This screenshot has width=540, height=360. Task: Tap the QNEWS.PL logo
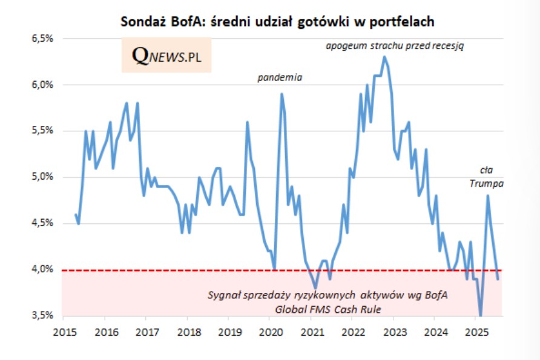click(166, 55)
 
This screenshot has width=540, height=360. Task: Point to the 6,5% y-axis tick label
click(43, 38)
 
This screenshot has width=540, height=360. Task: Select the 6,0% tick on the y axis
click(43, 85)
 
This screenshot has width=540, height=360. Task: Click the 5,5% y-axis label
click(43, 131)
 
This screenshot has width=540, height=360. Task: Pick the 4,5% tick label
click(43, 223)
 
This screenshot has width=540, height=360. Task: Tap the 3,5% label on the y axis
click(43, 315)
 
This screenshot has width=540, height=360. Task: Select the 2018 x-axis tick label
click(186, 332)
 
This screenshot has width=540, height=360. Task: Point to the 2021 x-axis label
click(311, 332)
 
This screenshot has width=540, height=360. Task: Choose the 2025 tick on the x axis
click(476, 332)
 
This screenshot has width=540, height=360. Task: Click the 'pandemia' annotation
click(279, 77)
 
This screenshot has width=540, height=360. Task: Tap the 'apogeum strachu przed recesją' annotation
click(395, 46)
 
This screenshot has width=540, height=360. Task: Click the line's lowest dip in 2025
click(481, 315)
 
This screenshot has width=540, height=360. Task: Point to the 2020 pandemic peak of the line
click(282, 94)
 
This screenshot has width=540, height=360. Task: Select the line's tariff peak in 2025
click(487, 195)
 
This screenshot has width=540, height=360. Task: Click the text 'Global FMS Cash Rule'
click(328, 309)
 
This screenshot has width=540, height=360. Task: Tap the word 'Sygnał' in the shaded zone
click(225, 295)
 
